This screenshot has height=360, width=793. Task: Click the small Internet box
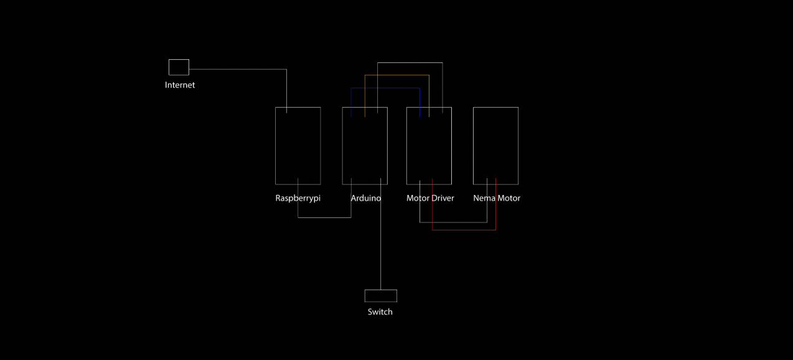[179, 67]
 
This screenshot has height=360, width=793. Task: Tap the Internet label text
[180, 85]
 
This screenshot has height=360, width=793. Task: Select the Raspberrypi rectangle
[298, 146]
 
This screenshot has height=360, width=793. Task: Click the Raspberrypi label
[298, 199]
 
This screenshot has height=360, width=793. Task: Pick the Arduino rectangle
[365, 146]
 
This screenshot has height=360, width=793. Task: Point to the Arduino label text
[366, 199]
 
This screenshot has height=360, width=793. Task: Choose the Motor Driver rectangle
[429, 146]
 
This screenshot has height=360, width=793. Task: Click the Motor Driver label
[430, 199]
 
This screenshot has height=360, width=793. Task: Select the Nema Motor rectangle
[495, 146]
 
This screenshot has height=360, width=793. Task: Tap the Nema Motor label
[497, 199]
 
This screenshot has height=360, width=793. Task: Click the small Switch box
[381, 296]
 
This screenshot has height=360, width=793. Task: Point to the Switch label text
[380, 312]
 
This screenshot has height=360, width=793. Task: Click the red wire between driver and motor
[464, 230]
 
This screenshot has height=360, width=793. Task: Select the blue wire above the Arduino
[386, 88]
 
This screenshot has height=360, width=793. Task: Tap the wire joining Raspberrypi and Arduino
[324, 217]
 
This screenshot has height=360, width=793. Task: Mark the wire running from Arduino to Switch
[380, 249]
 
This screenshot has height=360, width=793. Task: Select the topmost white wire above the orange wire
[410, 62]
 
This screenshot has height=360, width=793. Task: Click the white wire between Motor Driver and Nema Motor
[453, 222]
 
